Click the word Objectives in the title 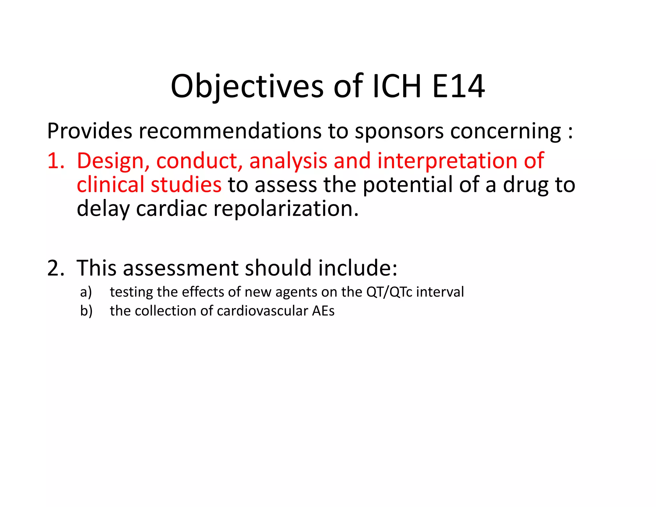pyautogui.click(x=247, y=86)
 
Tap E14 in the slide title pyautogui.click(x=458, y=86)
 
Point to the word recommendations pyautogui.click(x=230, y=131)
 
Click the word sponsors pyautogui.click(x=399, y=131)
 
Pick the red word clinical pyautogui.click(x=111, y=185)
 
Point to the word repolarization pyautogui.click(x=286, y=209)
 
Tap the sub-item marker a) pyautogui.click(x=86, y=292)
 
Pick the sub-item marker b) pyautogui.click(x=86, y=311)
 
